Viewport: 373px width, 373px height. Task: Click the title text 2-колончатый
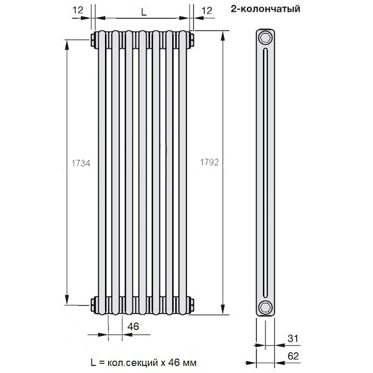(x=265, y=9)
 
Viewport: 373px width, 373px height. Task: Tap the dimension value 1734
(x=81, y=163)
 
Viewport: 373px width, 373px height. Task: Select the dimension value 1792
(x=209, y=162)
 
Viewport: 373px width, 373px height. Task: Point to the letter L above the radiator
(x=144, y=12)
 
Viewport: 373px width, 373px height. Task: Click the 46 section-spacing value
(x=133, y=326)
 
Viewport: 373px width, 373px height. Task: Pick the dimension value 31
(x=293, y=338)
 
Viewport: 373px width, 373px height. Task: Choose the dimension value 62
(x=293, y=356)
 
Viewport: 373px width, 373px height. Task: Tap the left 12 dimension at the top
(x=78, y=10)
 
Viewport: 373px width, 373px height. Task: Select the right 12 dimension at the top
(x=206, y=11)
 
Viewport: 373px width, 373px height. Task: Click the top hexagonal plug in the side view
(x=265, y=37)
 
